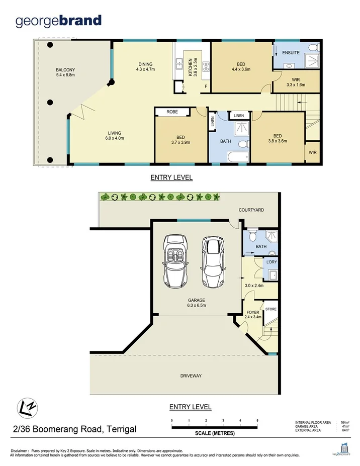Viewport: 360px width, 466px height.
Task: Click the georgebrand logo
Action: pyautogui.click(x=58, y=21)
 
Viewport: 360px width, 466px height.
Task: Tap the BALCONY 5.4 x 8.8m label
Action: pyautogui.click(x=65, y=72)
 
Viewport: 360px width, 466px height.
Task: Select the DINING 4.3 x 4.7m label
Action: pyautogui.click(x=145, y=66)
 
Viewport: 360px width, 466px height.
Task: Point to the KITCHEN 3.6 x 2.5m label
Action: pyautogui.click(x=190, y=67)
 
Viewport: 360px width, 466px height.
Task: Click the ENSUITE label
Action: pyautogui.click(x=291, y=53)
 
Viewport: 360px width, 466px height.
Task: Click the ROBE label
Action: pyautogui.click(x=172, y=112)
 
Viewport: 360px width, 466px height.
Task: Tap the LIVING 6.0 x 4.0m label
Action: pyautogui.click(x=114, y=135)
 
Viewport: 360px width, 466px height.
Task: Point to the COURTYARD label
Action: pyautogui.click(x=251, y=210)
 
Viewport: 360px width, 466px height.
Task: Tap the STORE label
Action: pyautogui.click(x=271, y=309)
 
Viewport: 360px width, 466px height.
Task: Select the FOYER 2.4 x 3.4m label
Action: pyautogui.click(x=253, y=315)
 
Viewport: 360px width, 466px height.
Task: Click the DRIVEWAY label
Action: pyautogui.click(x=191, y=376)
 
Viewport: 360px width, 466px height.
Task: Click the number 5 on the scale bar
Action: pyautogui.click(x=257, y=420)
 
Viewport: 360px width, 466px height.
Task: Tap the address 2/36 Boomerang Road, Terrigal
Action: pyautogui.click(x=74, y=429)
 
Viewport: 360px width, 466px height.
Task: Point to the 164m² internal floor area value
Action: pyautogui.click(x=345, y=423)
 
